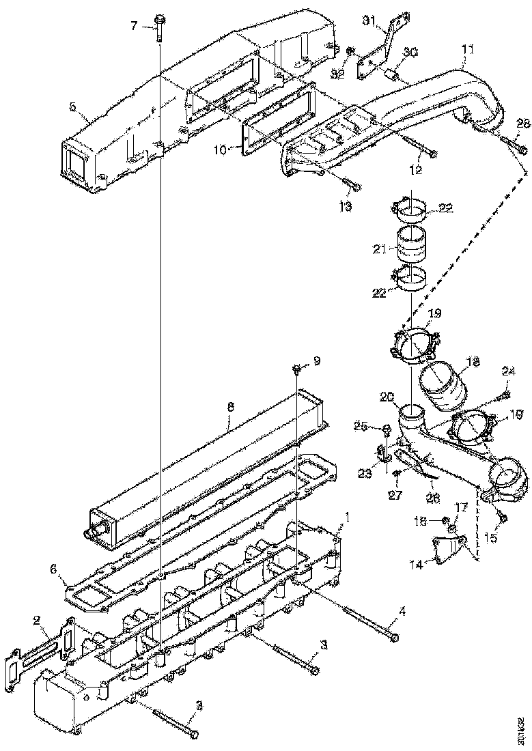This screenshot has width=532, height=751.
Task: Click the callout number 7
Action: click(x=135, y=25)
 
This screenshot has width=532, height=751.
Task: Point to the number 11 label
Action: click(x=467, y=49)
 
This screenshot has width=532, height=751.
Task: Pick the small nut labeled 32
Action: click(x=350, y=51)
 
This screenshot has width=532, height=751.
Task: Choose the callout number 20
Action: click(x=386, y=397)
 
